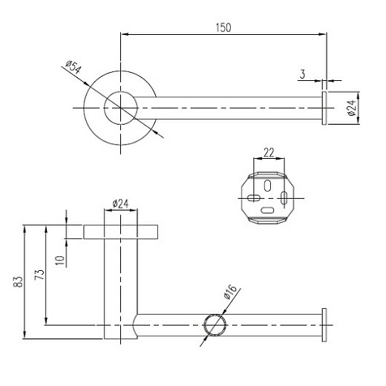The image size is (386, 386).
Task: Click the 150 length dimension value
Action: [x=223, y=27]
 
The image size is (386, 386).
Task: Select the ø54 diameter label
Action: [x=73, y=67]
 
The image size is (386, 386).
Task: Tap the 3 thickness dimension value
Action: [x=302, y=74]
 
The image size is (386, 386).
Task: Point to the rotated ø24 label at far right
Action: [x=352, y=108]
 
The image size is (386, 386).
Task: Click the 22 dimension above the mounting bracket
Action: [x=269, y=153]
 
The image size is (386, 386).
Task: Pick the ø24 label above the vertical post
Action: [x=120, y=204]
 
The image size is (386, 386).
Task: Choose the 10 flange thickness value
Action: [x=60, y=261]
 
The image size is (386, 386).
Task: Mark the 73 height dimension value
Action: [x=40, y=275]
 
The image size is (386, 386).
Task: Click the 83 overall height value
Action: [x=18, y=282]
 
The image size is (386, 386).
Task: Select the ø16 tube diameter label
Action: [x=230, y=292]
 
